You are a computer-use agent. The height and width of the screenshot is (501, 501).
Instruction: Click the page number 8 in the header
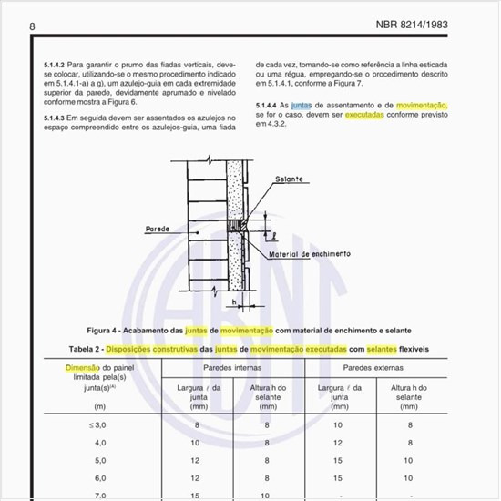click(33, 26)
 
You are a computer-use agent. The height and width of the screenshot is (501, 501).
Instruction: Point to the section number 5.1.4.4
click(271, 106)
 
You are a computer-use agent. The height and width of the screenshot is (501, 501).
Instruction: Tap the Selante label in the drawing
click(290, 179)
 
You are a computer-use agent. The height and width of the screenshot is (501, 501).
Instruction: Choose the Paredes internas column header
click(233, 368)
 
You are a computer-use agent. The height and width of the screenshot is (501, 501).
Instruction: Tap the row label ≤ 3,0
click(75, 424)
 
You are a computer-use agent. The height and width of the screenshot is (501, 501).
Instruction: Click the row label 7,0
click(75, 495)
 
